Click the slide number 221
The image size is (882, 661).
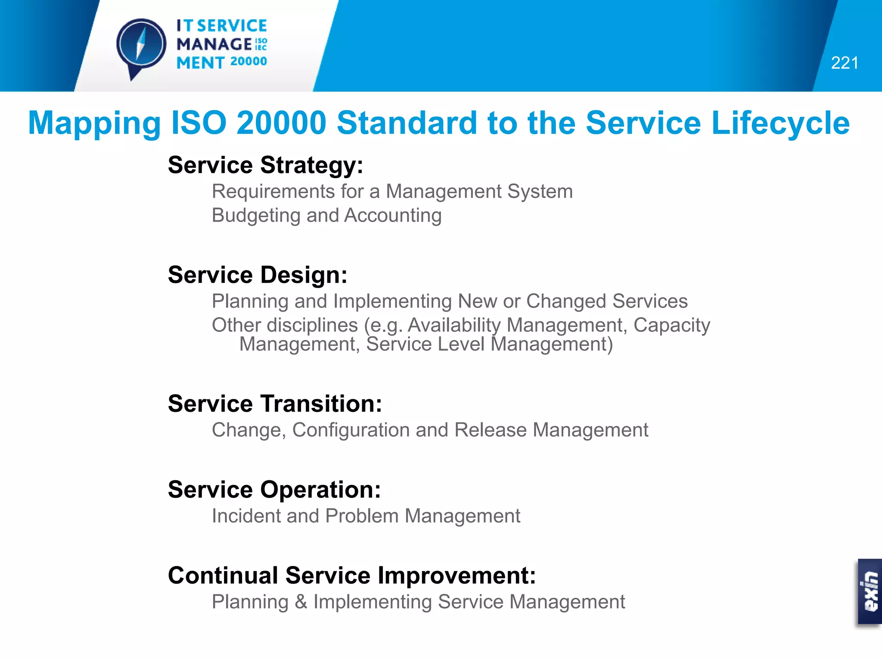tap(844, 63)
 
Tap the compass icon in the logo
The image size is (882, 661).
tap(141, 45)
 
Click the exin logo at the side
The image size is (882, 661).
tap(870, 591)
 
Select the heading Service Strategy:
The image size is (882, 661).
tap(265, 165)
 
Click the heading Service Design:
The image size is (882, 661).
tap(258, 275)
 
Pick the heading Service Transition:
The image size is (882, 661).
tap(275, 404)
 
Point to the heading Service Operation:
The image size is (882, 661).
tap(274, 490)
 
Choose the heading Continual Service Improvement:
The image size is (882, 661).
tap(352, 576)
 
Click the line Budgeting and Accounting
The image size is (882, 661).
tap(326, 216)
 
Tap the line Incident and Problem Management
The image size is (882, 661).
tap(366, 516)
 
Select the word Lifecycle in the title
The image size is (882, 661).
tap(780, 124)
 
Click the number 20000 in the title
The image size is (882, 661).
tap(282, 124)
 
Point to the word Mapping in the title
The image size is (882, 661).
tap(94, 124)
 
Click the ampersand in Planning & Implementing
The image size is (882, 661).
tap(301, 602)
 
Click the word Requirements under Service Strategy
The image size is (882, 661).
tap(273, 192)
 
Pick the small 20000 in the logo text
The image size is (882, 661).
tap(248, 62)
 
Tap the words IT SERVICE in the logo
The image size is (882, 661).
tap(221, 26)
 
